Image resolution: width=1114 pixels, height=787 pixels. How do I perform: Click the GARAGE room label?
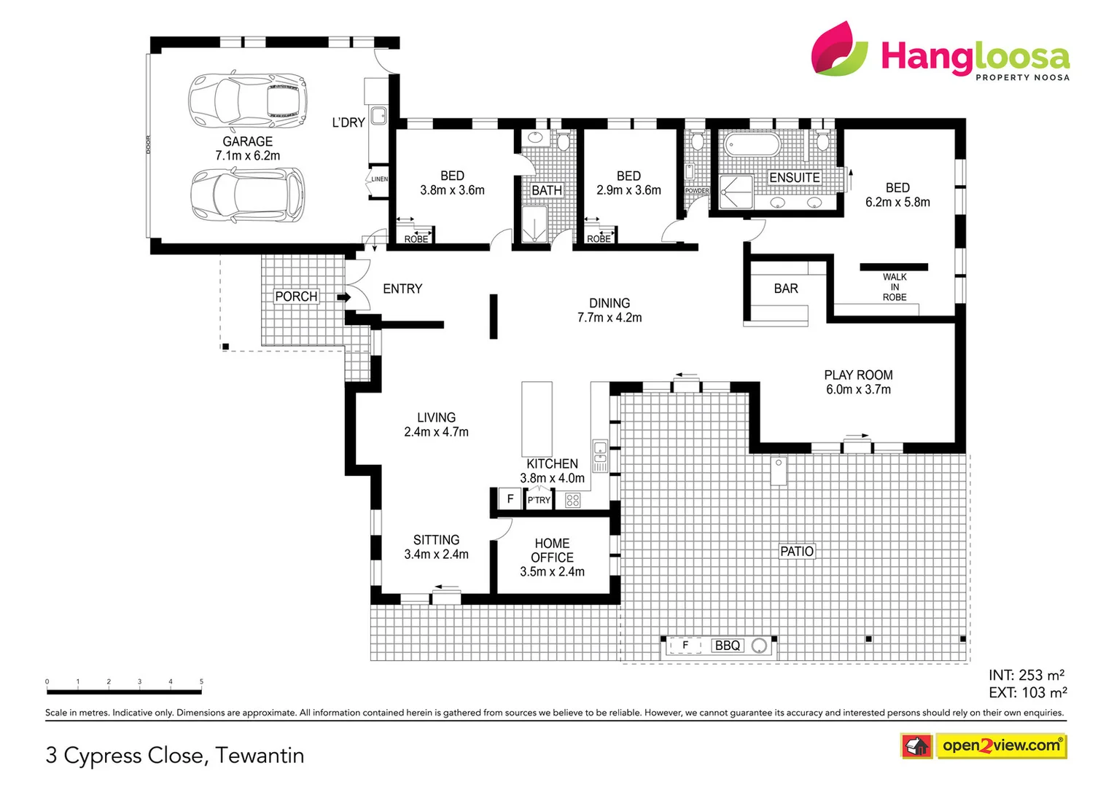tap(247, 141)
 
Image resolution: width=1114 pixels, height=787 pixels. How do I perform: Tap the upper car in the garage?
tap(246, 101)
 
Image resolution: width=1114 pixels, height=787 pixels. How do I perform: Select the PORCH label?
tap(296, 297)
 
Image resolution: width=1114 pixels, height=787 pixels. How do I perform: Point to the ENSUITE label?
tap(794, 178)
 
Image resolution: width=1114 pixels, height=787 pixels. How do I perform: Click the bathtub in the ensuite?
tap(751, 144)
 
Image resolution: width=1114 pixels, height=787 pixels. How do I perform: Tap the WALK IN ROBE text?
tap(895, 287)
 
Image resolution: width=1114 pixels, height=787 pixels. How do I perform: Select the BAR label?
tap(785, 289)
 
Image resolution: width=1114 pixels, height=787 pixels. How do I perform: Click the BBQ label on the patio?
tap(727, 646)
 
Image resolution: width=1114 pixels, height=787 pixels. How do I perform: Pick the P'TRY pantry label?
tap(539, 500)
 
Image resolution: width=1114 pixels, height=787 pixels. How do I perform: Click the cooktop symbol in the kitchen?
tap(573, 500)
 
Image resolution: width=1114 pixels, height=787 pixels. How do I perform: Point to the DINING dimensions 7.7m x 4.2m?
tap(609, 318)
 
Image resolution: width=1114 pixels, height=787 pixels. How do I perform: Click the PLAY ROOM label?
tap(858, 375)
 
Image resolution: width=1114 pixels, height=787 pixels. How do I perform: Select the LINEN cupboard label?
tap(379, 179)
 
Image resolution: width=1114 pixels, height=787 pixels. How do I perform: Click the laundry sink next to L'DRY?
tap(378, 115)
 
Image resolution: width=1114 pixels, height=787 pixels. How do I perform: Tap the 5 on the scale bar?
tap(201, 682)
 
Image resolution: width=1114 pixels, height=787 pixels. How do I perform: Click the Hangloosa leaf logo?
tap(839, 49)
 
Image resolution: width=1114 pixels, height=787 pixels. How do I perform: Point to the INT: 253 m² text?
tap(1026, 676)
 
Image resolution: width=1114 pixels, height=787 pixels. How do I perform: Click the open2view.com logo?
tap(1000, 745)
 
